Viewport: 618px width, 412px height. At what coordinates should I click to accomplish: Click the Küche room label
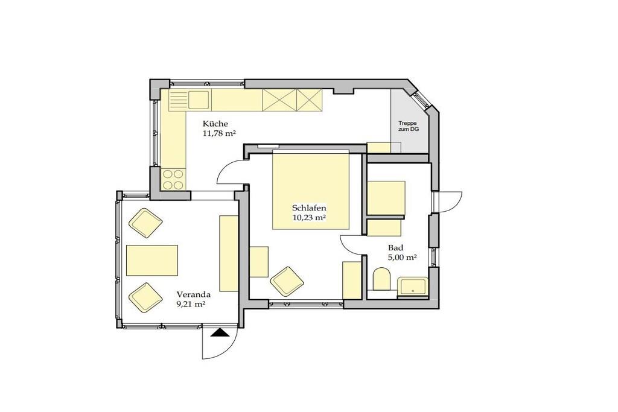tap(215, 123)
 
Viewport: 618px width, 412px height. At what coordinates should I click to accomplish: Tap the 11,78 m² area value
tap(219, 133)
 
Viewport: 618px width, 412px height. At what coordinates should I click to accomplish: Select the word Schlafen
tap(310, 208)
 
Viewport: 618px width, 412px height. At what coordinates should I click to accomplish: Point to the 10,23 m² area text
tap(309, 217)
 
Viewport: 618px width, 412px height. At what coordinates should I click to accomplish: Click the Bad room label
tap(396, 248)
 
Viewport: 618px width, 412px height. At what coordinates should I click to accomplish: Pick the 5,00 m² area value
tap(403, 258)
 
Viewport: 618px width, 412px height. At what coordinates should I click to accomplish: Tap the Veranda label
tap(194, 294)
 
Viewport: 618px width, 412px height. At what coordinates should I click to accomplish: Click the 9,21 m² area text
tap(191, 304)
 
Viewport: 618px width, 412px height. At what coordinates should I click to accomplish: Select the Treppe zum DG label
tap(408, 126)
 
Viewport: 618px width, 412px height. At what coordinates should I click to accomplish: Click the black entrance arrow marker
tap(220, 333)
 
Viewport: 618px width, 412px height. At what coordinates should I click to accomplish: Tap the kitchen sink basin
tap(198, 100)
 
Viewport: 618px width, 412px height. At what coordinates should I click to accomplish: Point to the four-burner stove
tap(173, 179)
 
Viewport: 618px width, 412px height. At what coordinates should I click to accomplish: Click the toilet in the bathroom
tap(381, 279)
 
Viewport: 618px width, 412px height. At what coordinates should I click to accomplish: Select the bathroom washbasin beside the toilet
tap(412, 287)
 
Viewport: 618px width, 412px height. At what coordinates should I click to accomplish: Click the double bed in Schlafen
tap(311, 191)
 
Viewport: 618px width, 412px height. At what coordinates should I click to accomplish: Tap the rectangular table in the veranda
tap(151, 261)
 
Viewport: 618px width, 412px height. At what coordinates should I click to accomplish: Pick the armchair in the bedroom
tap(288, 281)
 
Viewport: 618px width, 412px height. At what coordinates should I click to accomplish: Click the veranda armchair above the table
tap(145, 223)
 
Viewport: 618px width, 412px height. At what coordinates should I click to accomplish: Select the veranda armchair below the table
tap(145, 297)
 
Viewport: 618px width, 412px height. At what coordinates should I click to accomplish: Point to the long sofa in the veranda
tap(229, 253)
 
